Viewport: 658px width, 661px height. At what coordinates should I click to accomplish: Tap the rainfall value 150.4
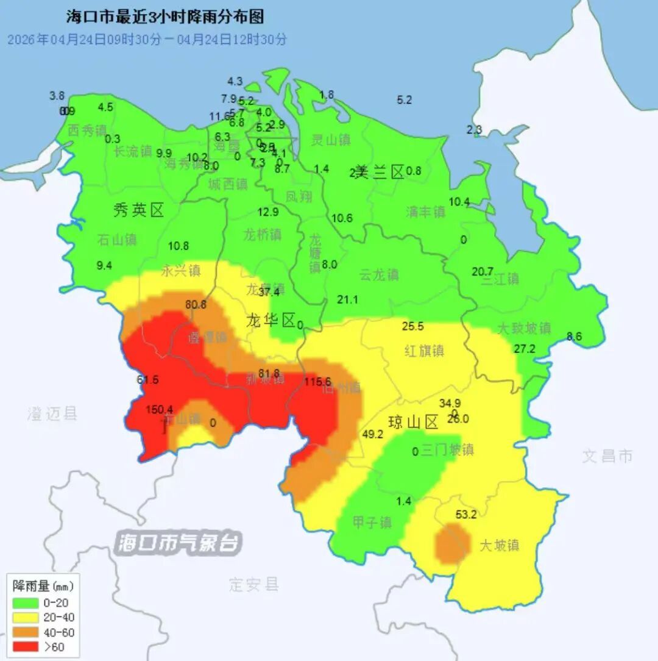[160, 409]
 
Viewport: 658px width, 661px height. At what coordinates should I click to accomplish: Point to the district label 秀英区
[138, 211]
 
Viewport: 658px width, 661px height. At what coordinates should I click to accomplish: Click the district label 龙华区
[271, 320]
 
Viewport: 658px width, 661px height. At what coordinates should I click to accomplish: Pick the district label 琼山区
[414, 422]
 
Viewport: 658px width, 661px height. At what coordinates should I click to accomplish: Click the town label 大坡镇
[499, 545]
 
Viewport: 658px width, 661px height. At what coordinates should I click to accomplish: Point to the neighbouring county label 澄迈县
[52, 414]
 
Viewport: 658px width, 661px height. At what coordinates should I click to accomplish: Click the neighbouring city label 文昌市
[607, 456]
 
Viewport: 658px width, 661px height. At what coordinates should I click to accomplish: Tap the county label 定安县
[254, 585]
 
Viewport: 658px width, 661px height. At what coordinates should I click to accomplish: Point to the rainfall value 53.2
[466, 515]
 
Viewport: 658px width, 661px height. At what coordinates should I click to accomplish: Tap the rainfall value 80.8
[196, 305]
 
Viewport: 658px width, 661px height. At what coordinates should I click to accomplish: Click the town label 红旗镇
[424, 351]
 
